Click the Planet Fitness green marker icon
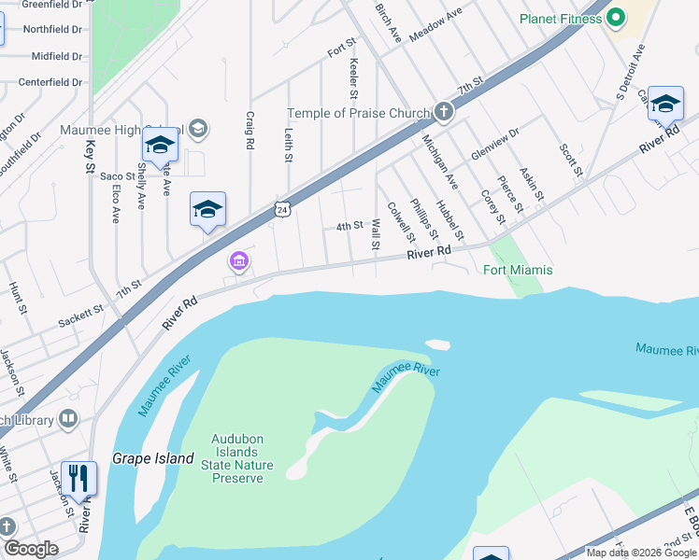tap(616, 18)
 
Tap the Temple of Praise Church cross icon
tap(443, 113)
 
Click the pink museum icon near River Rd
tap(239, 262)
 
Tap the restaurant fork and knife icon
tap(78, 479)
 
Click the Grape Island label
tap(153, 458)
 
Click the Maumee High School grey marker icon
tap(197, 128)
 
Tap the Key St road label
tap(91, 155)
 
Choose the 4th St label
tap(349, 226)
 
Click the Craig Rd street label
tap(250, 131)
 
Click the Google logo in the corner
tap(30, 549)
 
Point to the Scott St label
tap(571, 161)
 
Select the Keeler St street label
tap(353, 78)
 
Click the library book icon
tap(68, 419)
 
